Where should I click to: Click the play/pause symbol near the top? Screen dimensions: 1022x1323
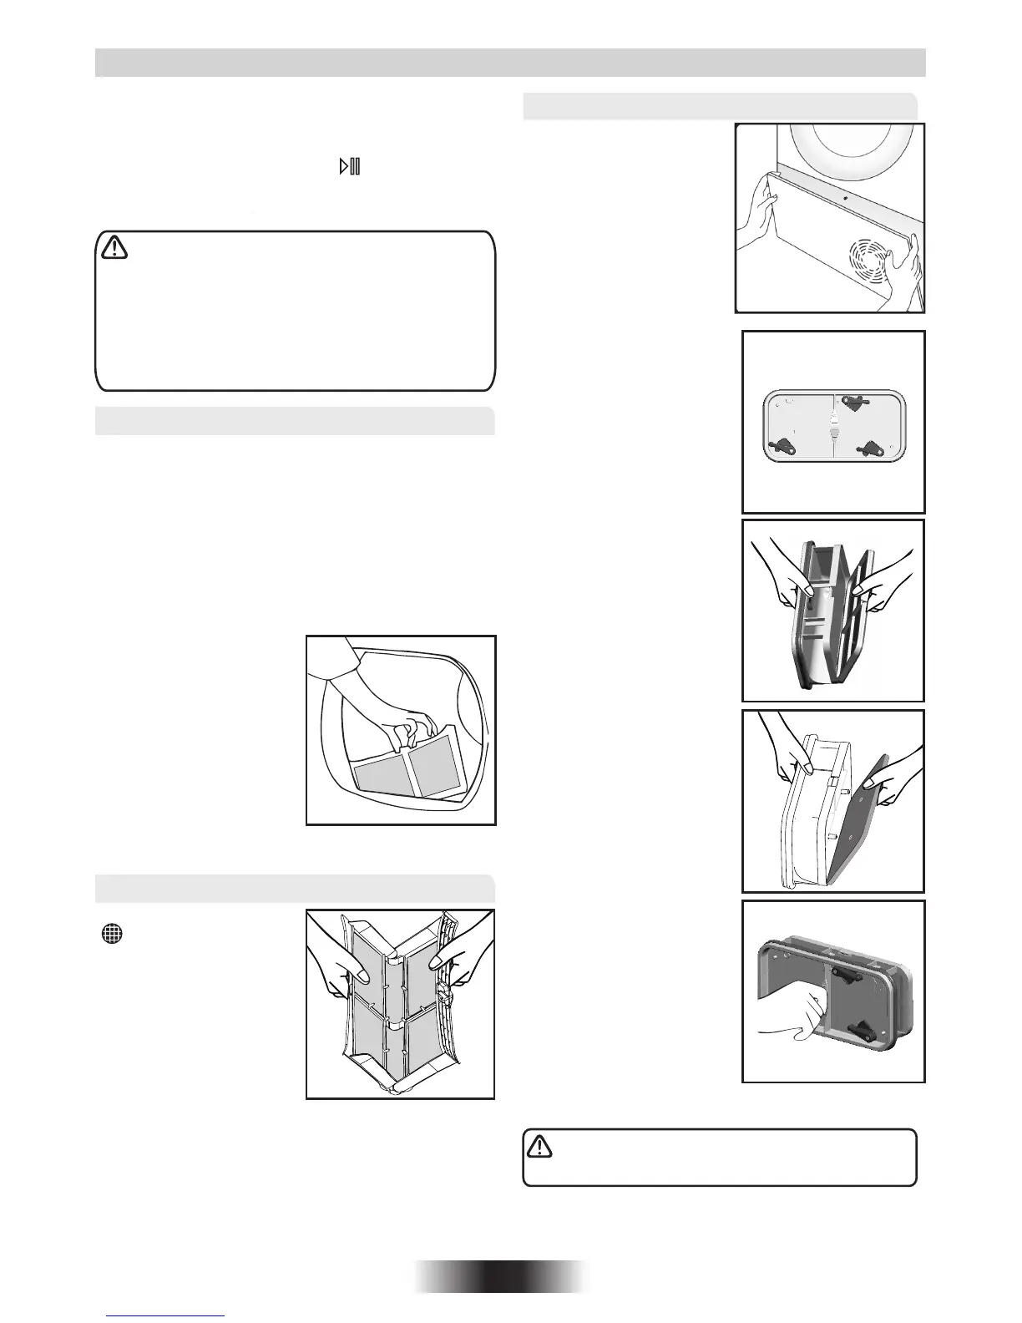point(349,166)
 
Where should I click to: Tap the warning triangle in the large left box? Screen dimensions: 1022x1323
point(113,247)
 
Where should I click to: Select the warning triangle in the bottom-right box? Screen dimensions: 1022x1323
point(540,1147)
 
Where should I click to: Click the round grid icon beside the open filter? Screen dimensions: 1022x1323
point(112,935)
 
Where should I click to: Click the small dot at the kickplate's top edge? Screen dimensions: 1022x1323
point(845,199)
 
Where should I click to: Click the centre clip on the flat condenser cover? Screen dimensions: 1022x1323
point(833,428)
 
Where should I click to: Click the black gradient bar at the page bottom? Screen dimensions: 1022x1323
point(501,1276)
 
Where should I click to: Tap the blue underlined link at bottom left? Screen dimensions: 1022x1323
point(167,1317)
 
